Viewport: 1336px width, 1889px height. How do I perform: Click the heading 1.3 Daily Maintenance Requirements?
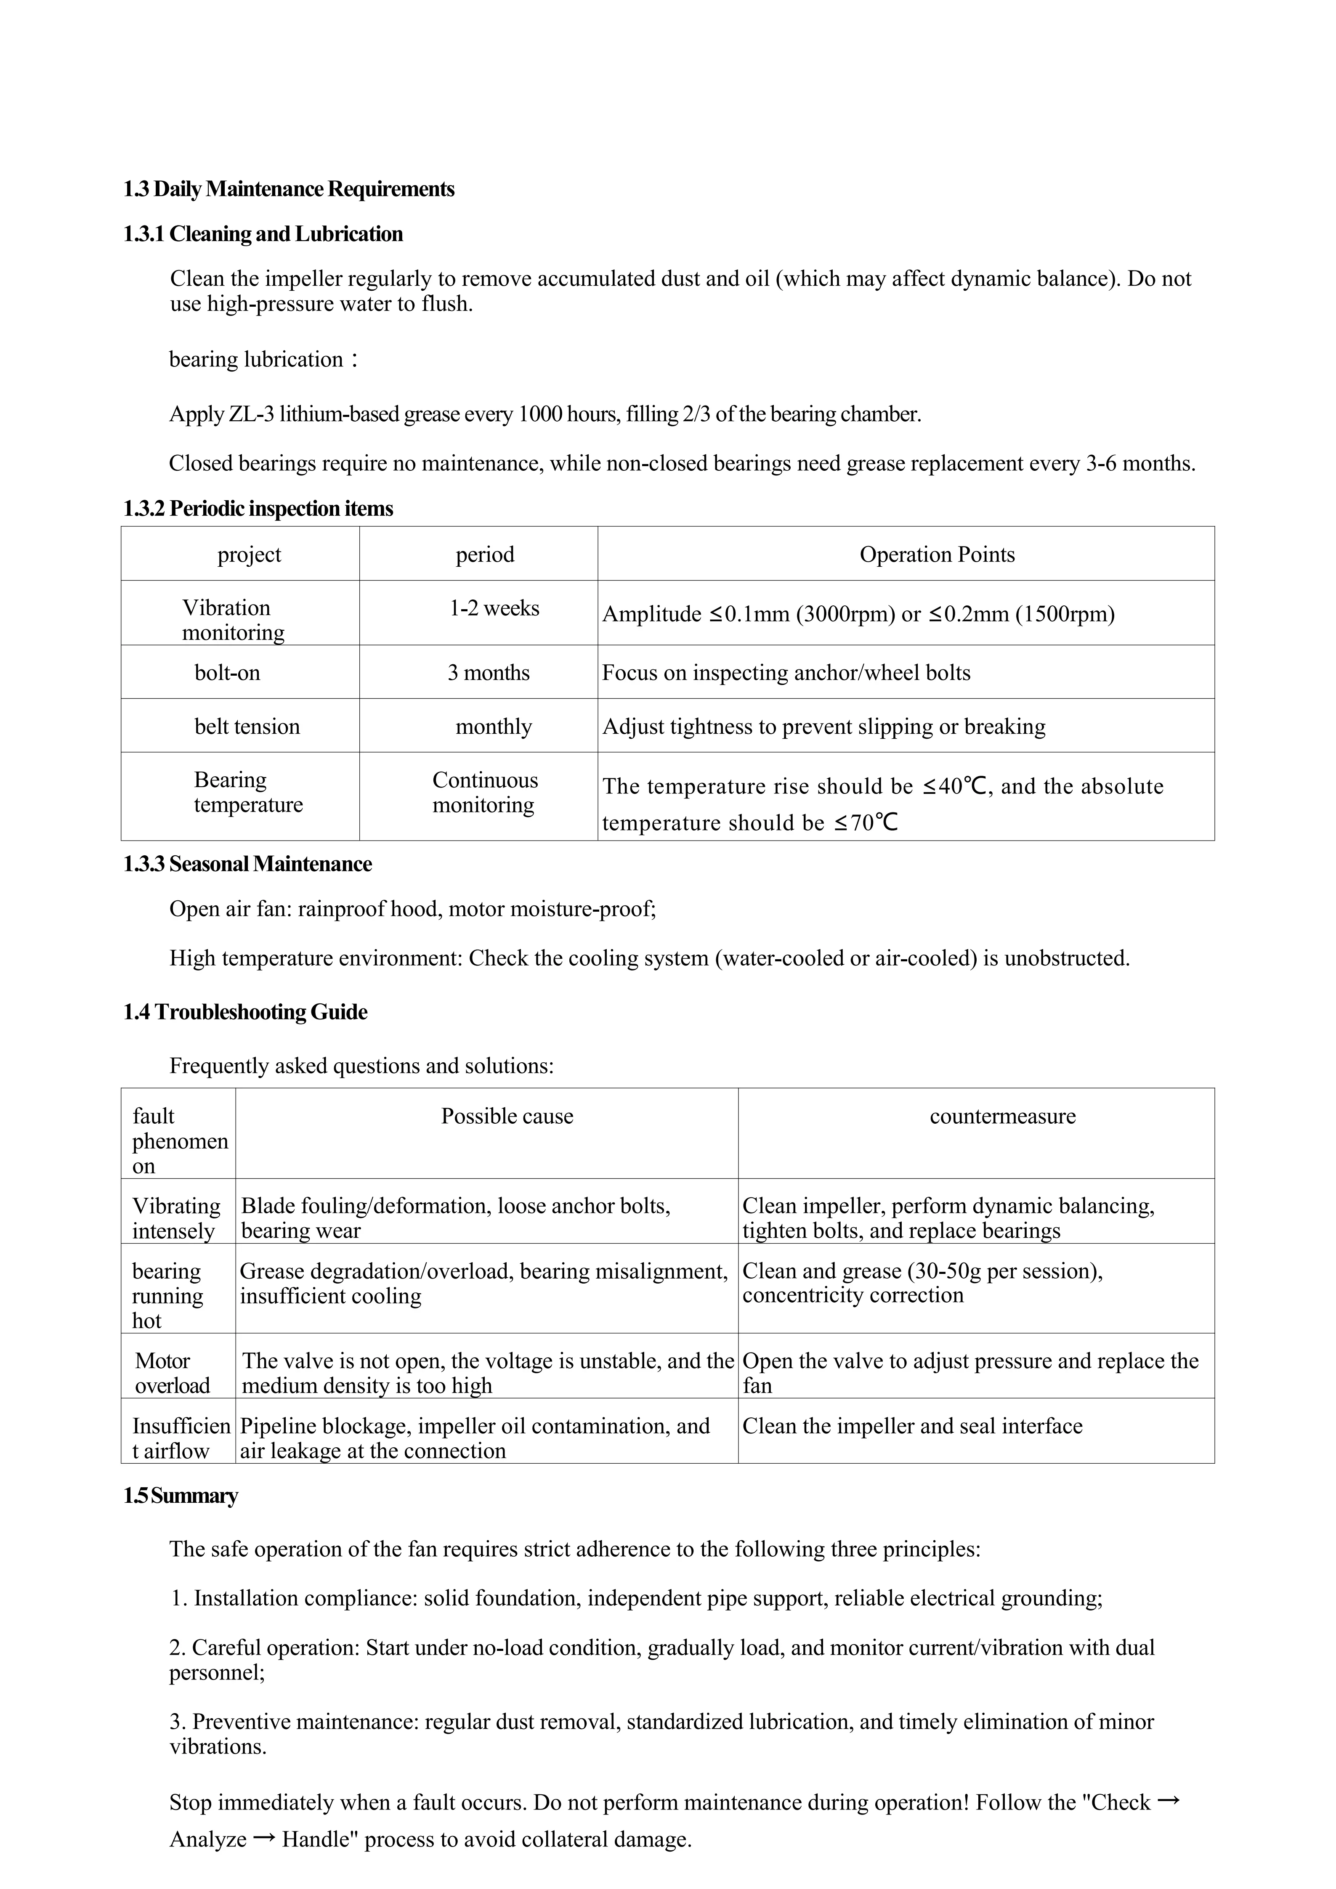289,189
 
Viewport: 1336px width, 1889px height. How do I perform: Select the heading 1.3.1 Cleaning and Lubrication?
263,234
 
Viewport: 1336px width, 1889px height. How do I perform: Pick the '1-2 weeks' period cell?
494,609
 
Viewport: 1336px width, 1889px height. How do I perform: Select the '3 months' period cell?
489,673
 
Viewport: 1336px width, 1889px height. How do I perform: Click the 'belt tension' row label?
247,727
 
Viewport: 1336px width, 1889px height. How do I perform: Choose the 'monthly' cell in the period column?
494,727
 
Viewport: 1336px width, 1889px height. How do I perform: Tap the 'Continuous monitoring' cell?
485,792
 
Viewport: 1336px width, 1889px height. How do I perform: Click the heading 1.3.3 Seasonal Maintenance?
247,864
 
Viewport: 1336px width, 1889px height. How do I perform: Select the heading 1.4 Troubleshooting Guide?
245,1012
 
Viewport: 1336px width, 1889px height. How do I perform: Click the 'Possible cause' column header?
507,1117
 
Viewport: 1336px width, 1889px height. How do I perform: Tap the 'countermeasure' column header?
1002,1117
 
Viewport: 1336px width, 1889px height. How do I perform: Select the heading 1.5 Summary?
181,1496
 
